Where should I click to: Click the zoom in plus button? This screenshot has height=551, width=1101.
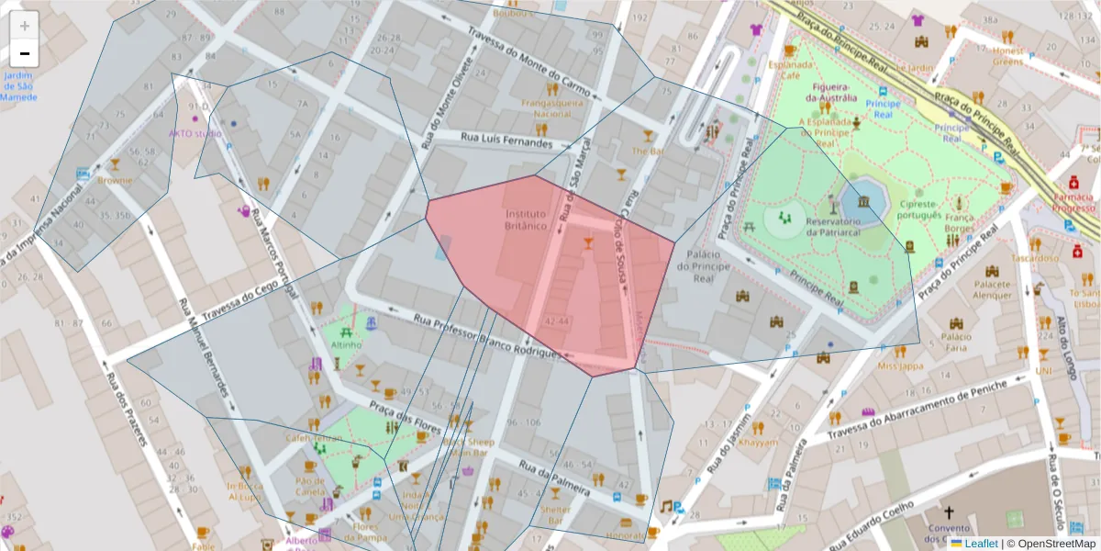click(x=25, y=26)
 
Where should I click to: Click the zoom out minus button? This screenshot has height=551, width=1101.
click(x=25, y=53)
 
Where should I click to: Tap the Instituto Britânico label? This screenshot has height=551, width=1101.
click(x=526, y=219)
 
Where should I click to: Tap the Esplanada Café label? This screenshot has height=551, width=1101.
click(x=791, y=71)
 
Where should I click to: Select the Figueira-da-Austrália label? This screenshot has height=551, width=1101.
click(x=831, y=92)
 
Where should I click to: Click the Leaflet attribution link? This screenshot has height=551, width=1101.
click(x=981, y=544)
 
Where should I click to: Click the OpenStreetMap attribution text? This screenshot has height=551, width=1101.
click(x=1051, y=544)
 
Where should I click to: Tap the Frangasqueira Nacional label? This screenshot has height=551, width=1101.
click(x=552, y=108)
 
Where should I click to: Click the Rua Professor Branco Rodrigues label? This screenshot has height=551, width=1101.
click(x=486, y=336)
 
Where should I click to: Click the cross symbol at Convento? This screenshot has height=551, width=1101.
click(x=950, y=514)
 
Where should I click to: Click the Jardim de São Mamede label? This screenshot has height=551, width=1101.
click(x=18, y=85)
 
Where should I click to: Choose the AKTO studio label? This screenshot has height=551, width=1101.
click(x=195, y=133)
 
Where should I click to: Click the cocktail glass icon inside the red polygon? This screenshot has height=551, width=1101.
click(x=588, y=242)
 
